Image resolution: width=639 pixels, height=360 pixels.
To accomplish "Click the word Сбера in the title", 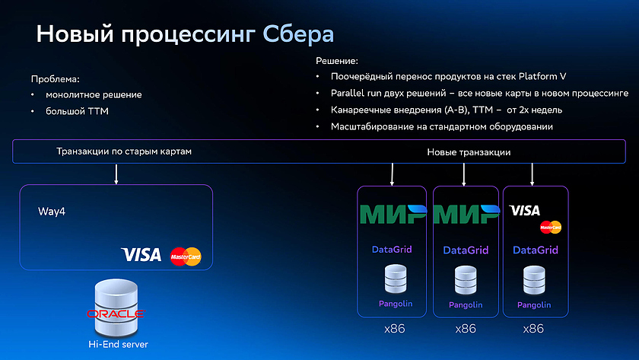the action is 298,33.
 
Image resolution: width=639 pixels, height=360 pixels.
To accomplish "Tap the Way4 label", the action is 52,212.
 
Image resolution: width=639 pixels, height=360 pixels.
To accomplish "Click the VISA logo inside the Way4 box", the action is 141,255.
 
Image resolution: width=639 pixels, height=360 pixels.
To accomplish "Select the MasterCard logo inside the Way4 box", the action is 186,256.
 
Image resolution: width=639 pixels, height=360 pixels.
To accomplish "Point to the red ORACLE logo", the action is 116,314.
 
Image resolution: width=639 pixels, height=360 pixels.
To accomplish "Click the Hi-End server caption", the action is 118,345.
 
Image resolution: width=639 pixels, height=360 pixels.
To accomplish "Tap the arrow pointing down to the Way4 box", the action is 116,174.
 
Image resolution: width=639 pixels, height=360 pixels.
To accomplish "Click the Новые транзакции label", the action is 469,152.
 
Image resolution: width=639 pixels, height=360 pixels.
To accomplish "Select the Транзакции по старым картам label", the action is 124,151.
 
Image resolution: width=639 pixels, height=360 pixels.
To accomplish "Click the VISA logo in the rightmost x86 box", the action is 524,210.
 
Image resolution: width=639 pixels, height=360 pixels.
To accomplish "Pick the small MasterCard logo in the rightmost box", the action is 551,227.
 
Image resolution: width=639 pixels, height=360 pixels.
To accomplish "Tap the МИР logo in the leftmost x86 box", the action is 393,215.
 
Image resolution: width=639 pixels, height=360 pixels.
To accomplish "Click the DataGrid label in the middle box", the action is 466,250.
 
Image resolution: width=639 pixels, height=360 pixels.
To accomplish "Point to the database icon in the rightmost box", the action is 534,280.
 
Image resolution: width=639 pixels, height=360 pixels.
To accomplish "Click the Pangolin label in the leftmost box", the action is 396,304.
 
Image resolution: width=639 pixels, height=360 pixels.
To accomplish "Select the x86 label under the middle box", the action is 466,329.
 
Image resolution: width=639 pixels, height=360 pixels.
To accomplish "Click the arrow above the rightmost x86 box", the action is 532,174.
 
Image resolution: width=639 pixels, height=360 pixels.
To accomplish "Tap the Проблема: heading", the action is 56,79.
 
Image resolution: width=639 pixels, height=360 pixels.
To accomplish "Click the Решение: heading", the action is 337,61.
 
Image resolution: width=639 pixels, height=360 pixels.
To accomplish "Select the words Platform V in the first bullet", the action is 542,76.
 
